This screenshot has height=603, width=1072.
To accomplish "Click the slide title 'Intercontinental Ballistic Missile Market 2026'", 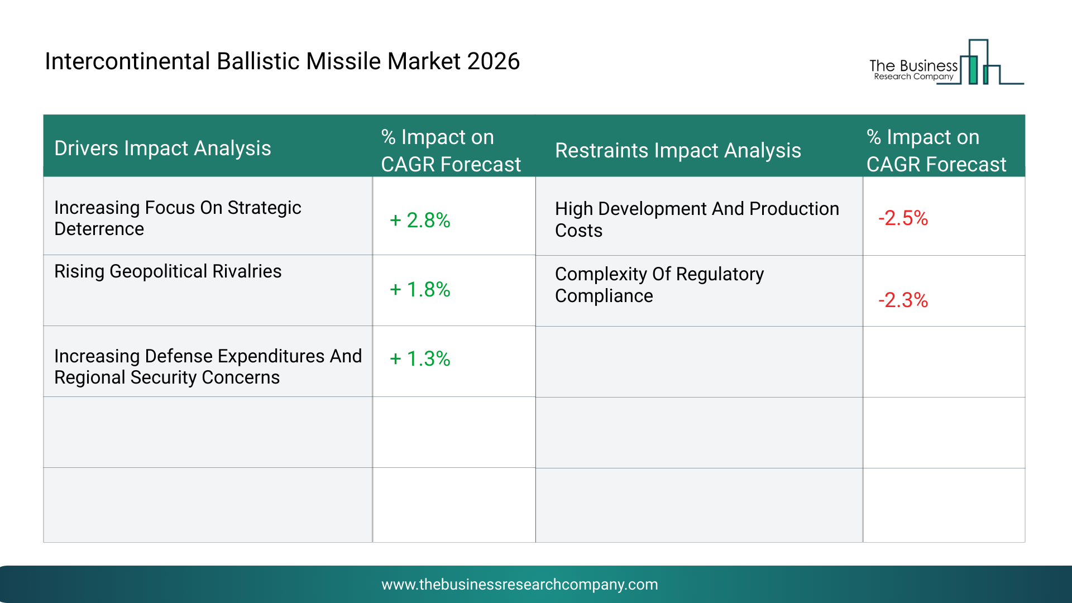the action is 282,61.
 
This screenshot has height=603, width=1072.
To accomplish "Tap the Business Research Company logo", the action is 946,62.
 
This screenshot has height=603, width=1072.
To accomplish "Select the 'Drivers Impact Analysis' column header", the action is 162,149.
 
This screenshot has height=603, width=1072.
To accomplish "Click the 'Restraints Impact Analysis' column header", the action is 678,151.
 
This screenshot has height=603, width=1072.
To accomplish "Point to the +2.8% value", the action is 420,220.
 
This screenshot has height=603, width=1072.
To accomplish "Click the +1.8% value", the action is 420,289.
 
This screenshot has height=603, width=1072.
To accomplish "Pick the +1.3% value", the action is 420,358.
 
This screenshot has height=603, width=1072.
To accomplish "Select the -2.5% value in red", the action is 903,218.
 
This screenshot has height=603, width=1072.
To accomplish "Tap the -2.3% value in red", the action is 903,300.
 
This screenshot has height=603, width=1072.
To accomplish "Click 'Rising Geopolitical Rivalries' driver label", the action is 168,271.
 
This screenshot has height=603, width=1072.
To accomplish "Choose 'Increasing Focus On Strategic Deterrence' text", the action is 178,218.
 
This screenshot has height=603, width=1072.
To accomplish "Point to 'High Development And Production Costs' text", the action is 697,219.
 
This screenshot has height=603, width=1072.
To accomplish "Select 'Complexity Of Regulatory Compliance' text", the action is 659,285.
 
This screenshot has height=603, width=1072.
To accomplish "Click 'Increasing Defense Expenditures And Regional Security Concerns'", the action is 208,367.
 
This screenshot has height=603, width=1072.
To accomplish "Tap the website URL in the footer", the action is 520,585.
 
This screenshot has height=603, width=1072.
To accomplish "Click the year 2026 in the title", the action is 494,61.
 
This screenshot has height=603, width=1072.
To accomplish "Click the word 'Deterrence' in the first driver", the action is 99,229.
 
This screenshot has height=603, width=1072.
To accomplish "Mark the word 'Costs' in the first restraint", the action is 579,231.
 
